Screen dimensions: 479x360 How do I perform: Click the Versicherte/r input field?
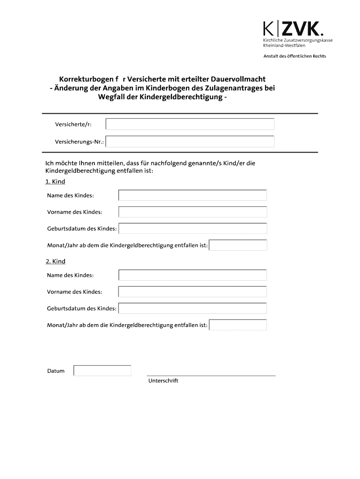(x=190, y=124)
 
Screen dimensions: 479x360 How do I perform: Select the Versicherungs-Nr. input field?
(x=190, y=142)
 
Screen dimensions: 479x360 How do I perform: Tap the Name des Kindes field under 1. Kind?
(x=193, y=195)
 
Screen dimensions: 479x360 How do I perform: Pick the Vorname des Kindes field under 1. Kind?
(x=193, y=212)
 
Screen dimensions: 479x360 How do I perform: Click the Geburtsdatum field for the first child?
(x=193, y=229)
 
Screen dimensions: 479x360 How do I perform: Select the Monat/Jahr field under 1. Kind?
(x=238, y=246)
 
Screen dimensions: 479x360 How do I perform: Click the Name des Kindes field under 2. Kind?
(x=193, y=275)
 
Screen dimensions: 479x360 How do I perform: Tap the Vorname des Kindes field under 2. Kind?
(x=193, y=292)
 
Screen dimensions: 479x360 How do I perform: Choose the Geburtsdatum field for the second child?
(x=193, y=309)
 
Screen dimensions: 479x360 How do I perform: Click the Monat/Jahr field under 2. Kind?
(x=238, y=325)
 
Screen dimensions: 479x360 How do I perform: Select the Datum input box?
(x=102, y=371)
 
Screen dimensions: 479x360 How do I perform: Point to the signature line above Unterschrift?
(x=211, y=375)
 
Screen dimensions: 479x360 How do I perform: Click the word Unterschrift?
(x=163, y=381)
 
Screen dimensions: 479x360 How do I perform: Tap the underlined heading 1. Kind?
(x=55, y=181)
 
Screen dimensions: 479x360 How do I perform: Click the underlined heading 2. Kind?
(x=55, y=261)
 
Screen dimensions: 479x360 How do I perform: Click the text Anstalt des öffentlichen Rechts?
(x=295, y=56)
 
